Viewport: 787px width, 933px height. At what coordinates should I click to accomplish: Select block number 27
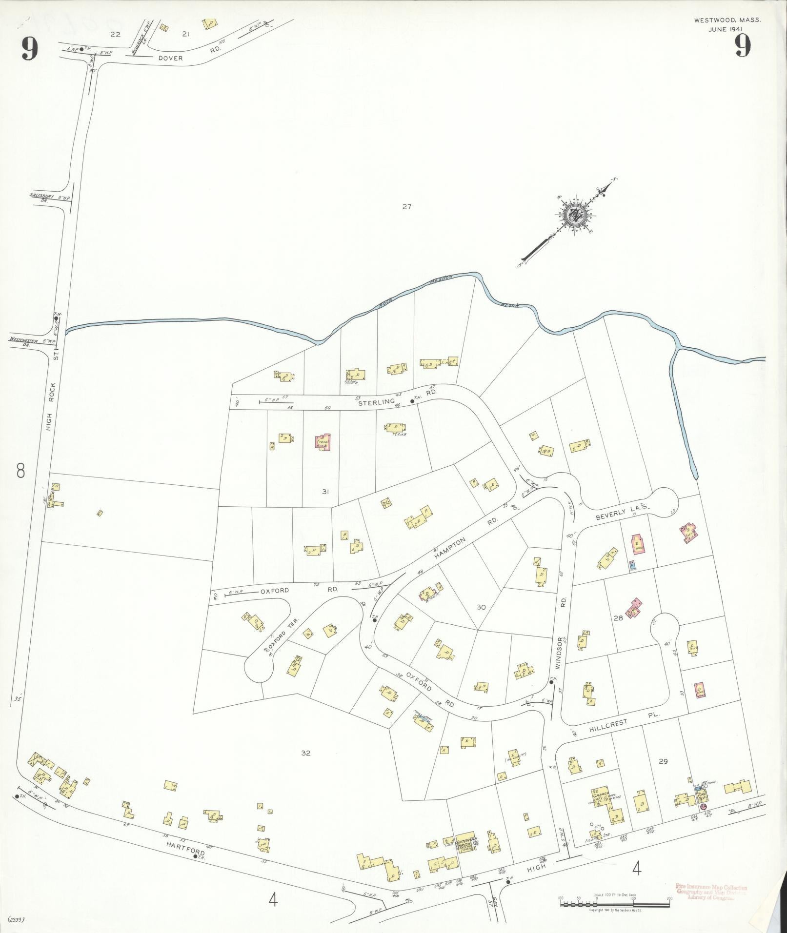click(407, 206)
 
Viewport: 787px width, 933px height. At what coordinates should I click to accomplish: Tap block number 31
click(325, 492)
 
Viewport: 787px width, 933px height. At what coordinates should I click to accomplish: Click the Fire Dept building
click(703, 798)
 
